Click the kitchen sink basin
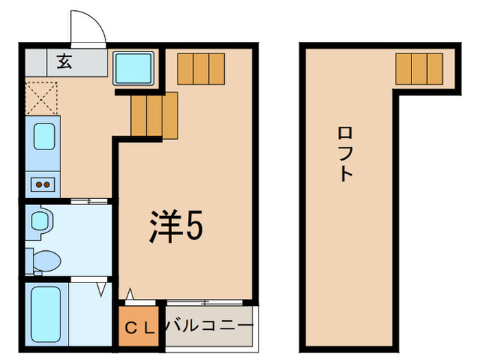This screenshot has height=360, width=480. [43, 136]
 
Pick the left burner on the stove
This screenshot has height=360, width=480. [39, 183]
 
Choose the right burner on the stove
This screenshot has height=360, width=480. [49, 183]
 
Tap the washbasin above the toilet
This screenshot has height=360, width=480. [40, 220]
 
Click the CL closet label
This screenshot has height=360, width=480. [141, 327]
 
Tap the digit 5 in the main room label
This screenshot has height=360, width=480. [194, 226]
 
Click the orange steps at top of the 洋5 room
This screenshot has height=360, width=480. [201, 68]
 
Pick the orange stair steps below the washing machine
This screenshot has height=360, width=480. [154, 114]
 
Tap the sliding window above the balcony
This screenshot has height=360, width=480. [204, 302]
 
